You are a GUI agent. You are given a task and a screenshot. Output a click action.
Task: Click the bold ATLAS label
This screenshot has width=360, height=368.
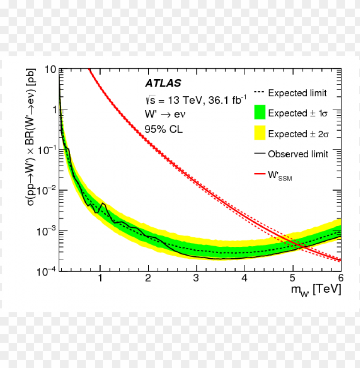(x=163, y=83)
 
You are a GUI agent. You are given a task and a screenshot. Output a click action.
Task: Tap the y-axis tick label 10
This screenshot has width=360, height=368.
(x=50, y=69)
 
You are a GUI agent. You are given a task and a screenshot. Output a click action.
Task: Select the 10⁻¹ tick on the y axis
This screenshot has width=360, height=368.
(x=48, y=150)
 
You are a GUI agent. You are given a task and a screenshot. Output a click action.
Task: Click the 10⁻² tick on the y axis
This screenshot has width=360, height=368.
(x=48, y=190)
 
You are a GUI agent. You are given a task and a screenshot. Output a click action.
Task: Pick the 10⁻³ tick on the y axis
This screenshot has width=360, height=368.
(x=48, y=230)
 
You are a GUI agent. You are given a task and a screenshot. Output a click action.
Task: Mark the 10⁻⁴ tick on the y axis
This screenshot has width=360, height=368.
(x=48, y=271)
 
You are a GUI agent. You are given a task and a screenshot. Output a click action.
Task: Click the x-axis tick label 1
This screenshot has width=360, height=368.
(x=100, y=278)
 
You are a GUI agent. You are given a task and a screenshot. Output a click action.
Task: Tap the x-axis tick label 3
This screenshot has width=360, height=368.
(x=196, y=278)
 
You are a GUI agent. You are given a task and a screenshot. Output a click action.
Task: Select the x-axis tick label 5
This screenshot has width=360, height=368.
(x=292, y=278)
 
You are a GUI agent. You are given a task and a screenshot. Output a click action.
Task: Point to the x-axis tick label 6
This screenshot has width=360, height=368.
(x=340, y=278)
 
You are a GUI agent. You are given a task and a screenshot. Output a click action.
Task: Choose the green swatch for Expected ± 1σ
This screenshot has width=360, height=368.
(x=260, y=113)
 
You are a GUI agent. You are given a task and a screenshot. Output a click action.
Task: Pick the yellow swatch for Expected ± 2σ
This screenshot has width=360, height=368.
(x=260, y=133)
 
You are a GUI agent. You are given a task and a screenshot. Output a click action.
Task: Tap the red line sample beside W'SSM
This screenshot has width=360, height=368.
(x=260, y=174)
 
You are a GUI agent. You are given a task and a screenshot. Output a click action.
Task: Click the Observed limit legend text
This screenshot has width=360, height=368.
(x=298, y=154)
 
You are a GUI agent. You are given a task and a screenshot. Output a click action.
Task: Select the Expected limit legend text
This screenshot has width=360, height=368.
(x=297, y=93)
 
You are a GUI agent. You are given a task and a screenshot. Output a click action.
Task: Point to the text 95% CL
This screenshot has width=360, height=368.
(x=163, y=129)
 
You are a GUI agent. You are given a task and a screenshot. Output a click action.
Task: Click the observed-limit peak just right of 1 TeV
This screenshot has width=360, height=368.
(x=103, y=203)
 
